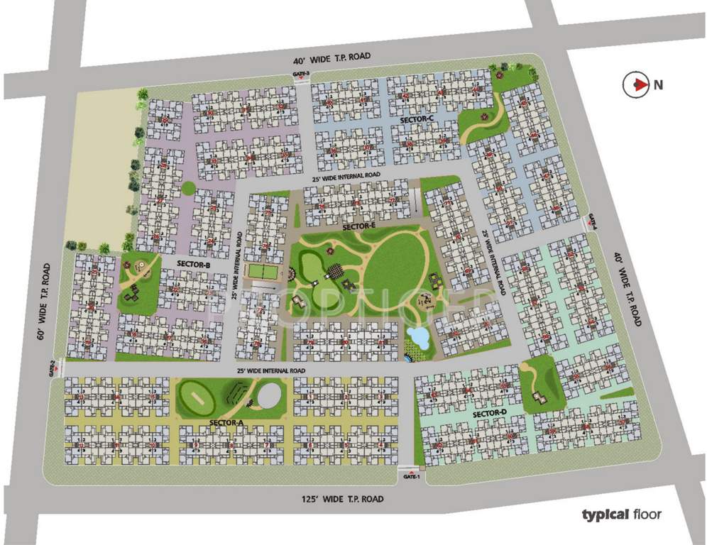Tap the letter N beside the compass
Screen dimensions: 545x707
click(659, 85)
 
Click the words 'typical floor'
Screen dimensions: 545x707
click(621, 514)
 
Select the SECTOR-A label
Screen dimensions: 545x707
click(227, 423)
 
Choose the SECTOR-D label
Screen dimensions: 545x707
click(489, 414)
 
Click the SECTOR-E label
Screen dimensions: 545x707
click(358, 226)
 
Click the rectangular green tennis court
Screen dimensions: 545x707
click(261, 271)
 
